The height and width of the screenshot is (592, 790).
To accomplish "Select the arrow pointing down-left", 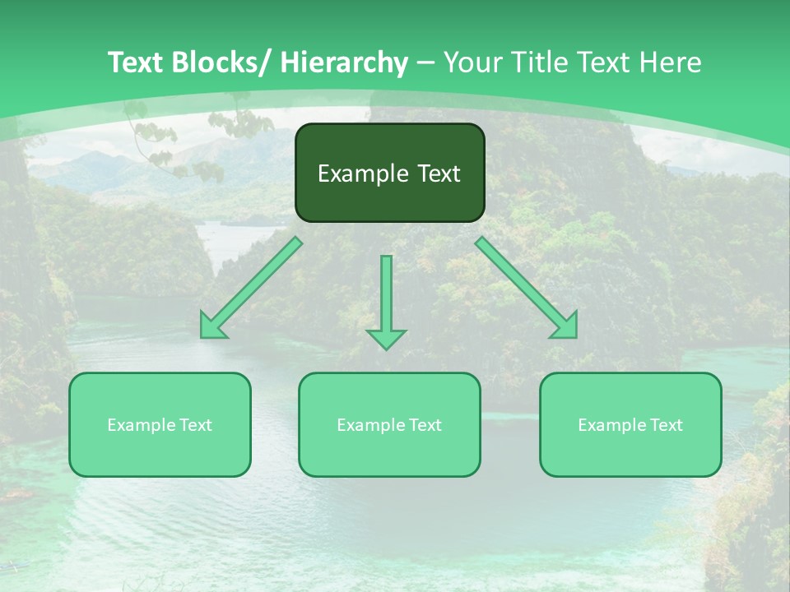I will (x=251, y=288).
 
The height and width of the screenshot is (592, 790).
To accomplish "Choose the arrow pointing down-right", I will (x=527, y=288).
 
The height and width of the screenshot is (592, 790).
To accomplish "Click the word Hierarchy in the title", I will (x=344, y=62).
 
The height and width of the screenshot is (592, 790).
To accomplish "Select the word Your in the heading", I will (x=472, y=62).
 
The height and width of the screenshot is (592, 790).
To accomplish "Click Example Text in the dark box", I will (x=389, y=173).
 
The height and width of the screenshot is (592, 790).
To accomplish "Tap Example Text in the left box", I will (x=160, y=425).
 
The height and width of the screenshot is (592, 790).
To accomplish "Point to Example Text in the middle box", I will (x=389, y=425).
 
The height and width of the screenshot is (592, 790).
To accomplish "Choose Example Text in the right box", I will (x=630, y=425).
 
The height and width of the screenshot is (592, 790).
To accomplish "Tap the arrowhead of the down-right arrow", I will (x=566, y=327).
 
